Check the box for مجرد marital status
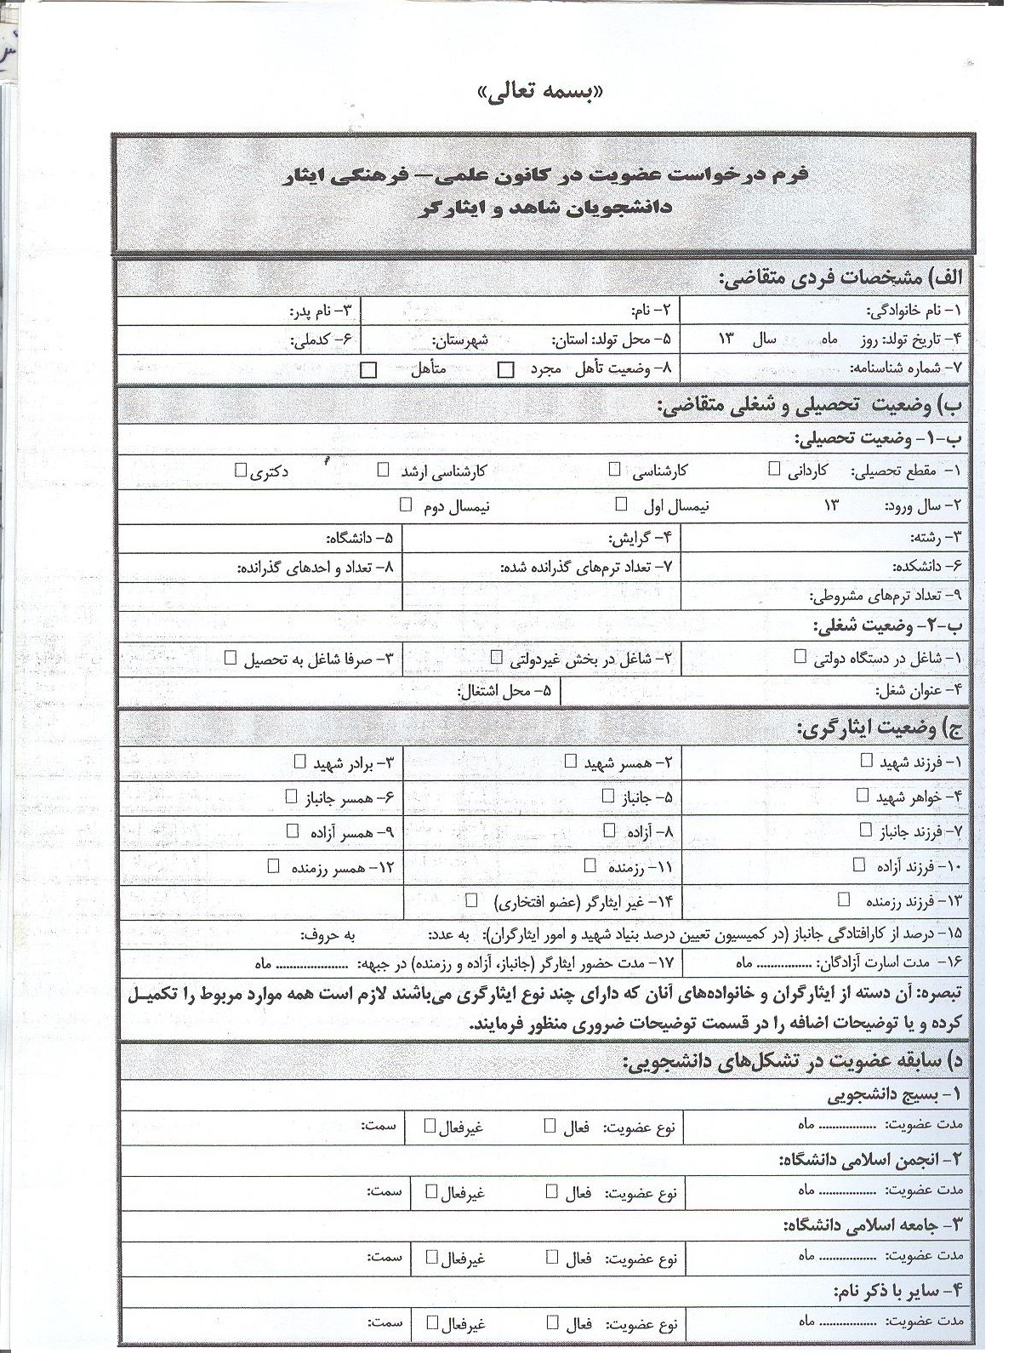pos(506,369)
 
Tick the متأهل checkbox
pos(369,370)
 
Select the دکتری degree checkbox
pos(241,469)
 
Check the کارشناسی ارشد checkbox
pos(384,469)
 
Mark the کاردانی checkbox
pos(774,469)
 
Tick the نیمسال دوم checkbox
pos(406,504)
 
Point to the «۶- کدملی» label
pos(321,340)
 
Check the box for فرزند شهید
pos(866,762)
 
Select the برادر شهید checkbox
pos(299,761)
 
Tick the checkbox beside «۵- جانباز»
pos(607,796)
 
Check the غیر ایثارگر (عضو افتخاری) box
pos(472,899)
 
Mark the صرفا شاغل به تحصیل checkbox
pos(231,658)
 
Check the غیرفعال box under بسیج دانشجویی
pos(430,1126)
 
